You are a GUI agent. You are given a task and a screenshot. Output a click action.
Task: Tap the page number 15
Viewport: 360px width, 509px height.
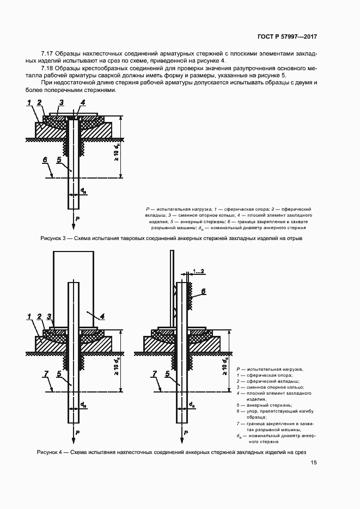click(314, 463)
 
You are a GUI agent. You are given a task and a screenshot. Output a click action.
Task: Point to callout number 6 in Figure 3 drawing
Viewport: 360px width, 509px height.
click(45, 160)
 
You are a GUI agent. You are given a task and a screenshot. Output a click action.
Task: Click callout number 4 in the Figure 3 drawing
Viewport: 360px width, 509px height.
click(83, 102)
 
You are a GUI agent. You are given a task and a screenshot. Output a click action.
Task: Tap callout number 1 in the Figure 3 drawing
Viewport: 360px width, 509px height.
click(28, 102)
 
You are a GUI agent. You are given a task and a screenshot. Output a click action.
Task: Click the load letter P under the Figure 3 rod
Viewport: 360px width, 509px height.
click(77, 218)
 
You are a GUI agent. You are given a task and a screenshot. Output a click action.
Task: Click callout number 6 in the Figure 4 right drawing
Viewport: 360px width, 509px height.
click(203, 291)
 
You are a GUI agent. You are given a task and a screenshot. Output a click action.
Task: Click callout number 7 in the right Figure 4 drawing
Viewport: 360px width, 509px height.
click(155, 373)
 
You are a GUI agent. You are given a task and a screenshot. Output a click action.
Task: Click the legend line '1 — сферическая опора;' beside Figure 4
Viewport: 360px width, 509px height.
click(266, 375)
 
